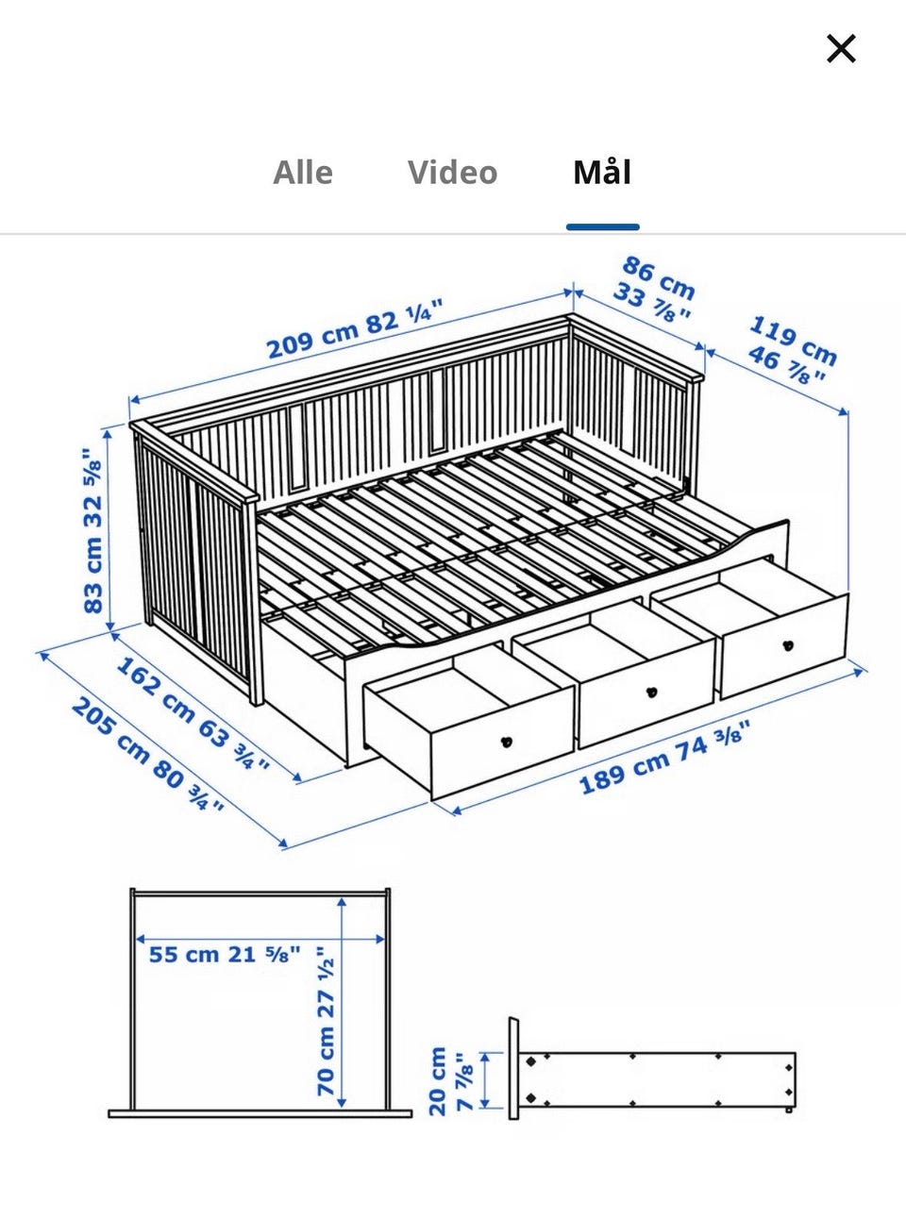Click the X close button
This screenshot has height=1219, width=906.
click(x=841, y=48)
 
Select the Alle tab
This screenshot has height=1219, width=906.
click(x=303, y=172)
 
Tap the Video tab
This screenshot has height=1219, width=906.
click(x=452, y=172)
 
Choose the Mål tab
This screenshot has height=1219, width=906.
click(x=602, y=172)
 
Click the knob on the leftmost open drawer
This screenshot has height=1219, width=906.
click(x=508, y=742)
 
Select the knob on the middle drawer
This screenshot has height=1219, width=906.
click(x=652, y=693)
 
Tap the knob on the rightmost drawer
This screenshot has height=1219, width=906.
click(x=788, y=645)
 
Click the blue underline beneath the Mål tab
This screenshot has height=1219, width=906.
click(x=602, y=227)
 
